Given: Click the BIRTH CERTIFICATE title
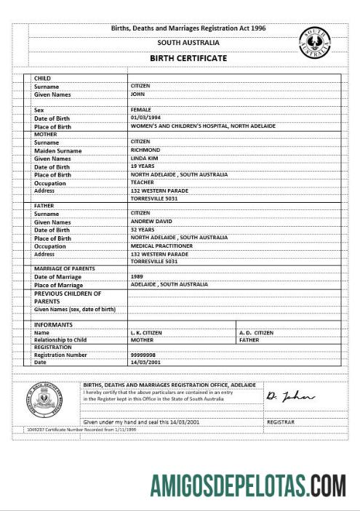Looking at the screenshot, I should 188,58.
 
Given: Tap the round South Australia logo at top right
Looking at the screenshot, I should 315,43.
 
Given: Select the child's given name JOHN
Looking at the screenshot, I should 137,94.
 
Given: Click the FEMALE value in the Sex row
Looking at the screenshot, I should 140,110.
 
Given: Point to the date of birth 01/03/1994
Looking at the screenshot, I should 145,118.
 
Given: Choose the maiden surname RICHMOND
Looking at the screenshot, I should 145,150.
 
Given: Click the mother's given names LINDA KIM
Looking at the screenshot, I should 145,158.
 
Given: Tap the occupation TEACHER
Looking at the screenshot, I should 142,182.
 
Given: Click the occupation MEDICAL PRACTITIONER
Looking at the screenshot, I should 161,246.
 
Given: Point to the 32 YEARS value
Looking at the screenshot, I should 143,230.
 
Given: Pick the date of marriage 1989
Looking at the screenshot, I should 137,277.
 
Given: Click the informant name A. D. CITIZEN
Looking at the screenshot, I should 256,332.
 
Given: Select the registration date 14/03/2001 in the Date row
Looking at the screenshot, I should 145,362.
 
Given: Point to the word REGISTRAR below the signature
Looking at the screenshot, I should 281,422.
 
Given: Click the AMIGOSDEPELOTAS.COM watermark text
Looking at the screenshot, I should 248,484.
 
